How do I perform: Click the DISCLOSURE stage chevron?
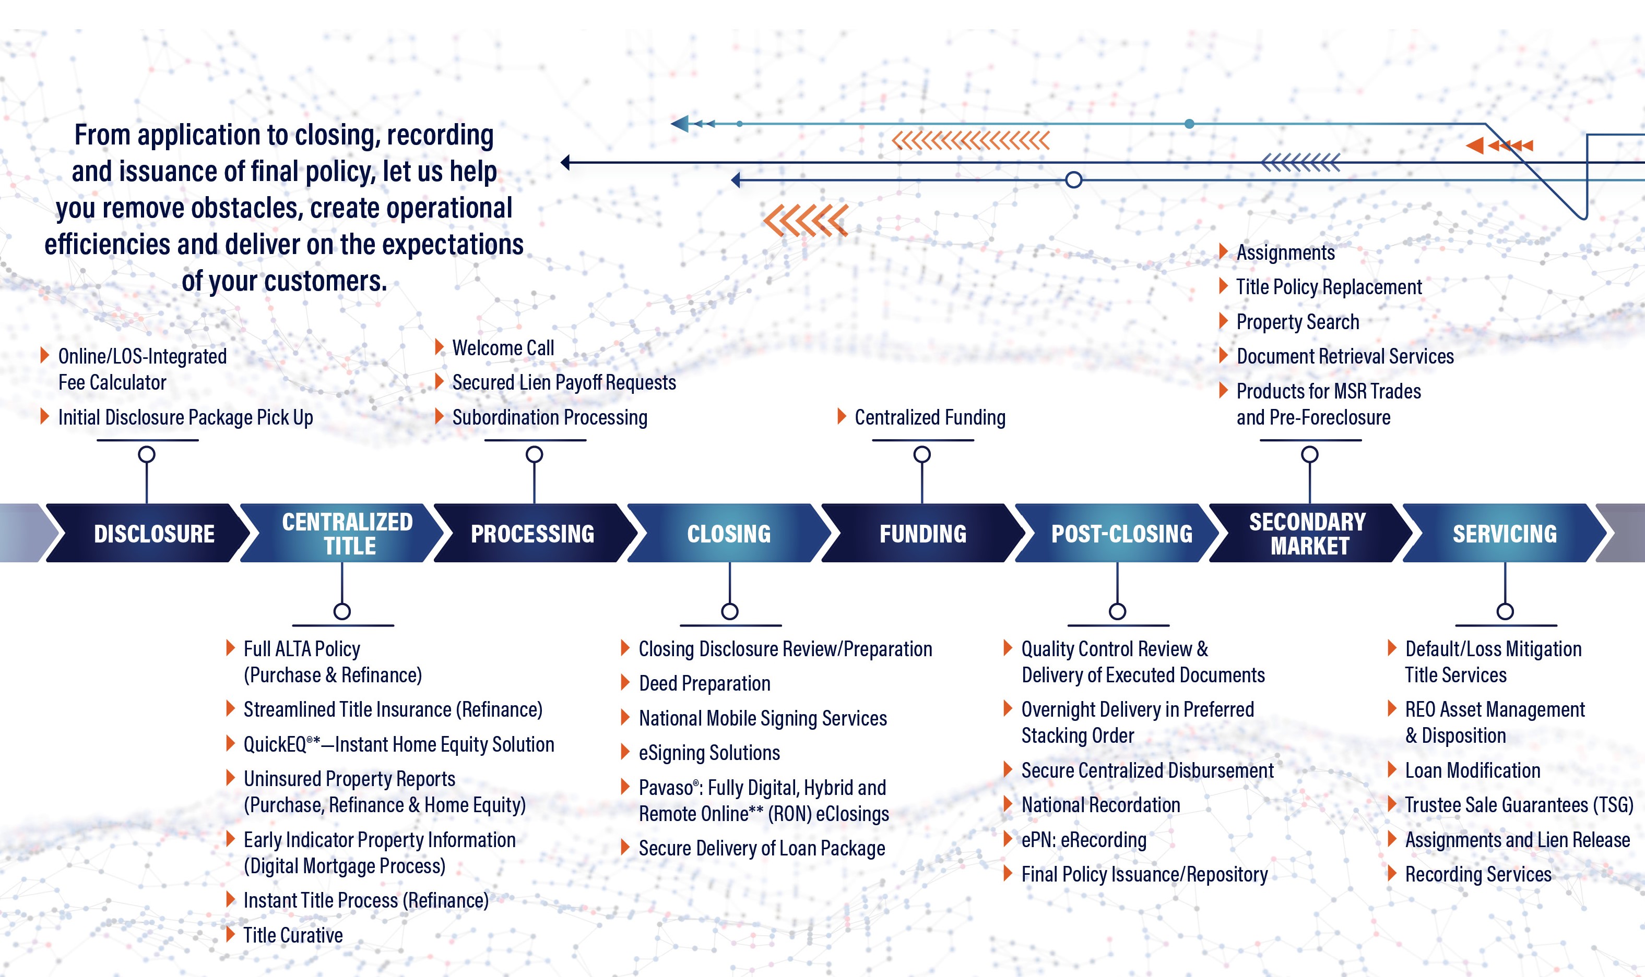tap(148, 533)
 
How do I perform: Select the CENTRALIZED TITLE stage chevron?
tap(342, 533)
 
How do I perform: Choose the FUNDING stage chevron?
tap(923, 533)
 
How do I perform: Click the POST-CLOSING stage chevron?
tap(1117, 533)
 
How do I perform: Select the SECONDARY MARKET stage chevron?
tap(1311, 533)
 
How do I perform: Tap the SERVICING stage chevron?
tap(1505, 533)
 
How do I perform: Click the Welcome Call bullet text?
tap(503, 347)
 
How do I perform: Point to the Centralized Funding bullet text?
tap(930, 417)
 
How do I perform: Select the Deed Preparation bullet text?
tap(704, 684)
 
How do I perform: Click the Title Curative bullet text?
tap(293, 935)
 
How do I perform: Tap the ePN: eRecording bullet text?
tap(1084, 840)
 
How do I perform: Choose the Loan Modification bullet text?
tap(1472, 770)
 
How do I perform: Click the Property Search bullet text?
tap(1298, 322)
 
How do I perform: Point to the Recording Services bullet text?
tap(1478, 874)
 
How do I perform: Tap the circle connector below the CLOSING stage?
tap(730, 612)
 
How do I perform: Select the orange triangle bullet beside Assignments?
tap(1223, 251)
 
